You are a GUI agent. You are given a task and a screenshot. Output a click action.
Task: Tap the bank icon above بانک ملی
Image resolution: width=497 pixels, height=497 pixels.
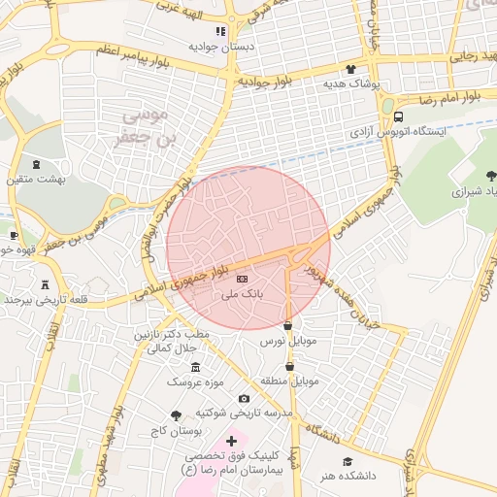(241, 280)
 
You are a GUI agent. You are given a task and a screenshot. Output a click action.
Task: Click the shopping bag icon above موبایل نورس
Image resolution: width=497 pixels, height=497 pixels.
(288, 325)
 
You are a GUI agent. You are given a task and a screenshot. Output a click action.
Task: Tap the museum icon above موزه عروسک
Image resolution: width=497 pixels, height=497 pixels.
(195, 367)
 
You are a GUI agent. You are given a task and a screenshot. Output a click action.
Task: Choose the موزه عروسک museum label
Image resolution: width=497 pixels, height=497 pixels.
(195, 382)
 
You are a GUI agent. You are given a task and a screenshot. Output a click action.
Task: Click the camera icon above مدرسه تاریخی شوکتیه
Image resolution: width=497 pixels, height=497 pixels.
(244, 398)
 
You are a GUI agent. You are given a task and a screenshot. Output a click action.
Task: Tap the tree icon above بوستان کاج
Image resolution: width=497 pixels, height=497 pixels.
(175, 414)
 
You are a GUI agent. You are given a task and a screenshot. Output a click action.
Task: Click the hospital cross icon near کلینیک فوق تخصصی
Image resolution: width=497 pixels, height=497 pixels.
(231, 441)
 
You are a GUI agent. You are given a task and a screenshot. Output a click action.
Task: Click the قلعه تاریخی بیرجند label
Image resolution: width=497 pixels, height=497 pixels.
(46, 299)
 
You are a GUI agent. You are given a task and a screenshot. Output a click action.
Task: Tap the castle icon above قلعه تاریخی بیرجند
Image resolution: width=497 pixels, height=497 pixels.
(46, 283)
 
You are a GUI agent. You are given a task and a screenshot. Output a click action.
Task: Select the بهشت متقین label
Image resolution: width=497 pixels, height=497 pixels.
(36, 180)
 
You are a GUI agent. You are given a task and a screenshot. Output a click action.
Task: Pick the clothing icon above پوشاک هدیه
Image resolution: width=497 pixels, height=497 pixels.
(350, 69)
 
